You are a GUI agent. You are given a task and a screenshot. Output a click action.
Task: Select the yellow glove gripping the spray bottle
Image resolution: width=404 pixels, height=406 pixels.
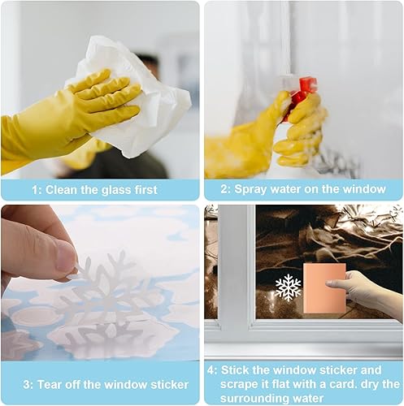301,130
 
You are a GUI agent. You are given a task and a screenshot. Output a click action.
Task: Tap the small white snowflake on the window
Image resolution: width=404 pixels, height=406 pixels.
288,287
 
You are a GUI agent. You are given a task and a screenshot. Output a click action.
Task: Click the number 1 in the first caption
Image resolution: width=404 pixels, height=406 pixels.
35,190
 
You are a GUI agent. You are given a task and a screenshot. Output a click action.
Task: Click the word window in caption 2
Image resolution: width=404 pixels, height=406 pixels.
364,190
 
